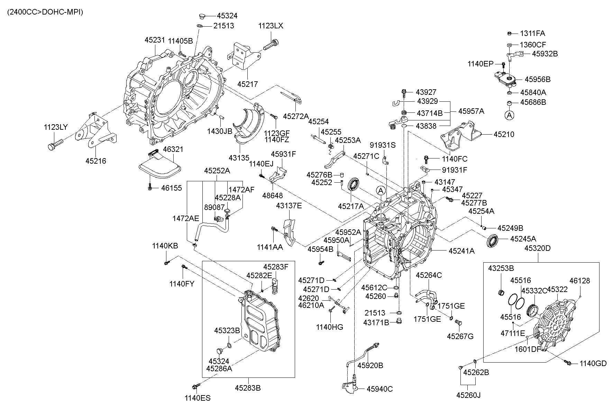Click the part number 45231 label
154,40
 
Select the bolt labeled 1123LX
271,45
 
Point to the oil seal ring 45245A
493,241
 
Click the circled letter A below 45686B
509,115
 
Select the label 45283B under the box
248,388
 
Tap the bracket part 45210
462,136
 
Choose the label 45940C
379,389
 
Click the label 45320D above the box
537,248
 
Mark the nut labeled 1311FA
510,33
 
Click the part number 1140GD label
593,363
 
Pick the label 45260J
468,395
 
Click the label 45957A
471,111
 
